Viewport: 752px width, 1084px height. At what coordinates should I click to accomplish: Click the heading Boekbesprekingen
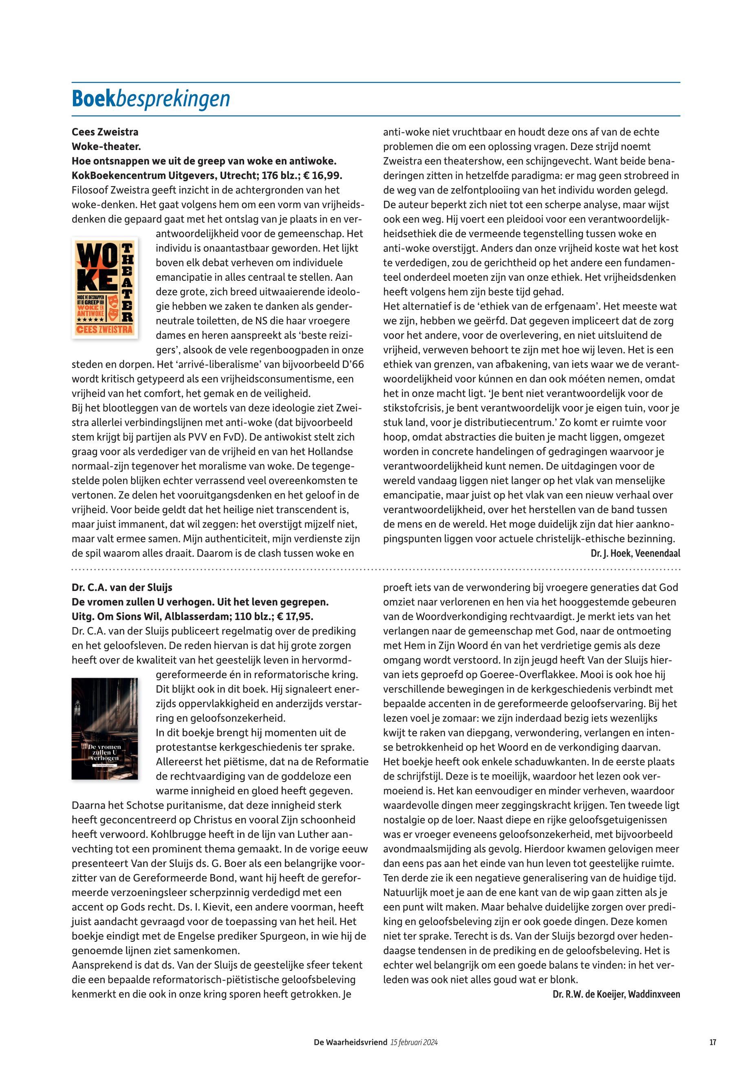coord(151,99)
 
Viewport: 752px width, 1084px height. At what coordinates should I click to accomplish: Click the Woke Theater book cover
coord(105,287)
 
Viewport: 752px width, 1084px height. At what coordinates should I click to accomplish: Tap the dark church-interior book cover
coord(105,728)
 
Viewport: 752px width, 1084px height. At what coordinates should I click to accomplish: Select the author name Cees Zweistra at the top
coord(105,132)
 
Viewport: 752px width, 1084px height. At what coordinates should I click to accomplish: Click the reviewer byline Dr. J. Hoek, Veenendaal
coord(635,553)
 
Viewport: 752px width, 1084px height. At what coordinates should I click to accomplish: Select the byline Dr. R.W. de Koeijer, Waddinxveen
coord(616,994)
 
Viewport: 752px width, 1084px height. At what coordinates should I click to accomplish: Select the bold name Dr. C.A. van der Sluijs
coord(122,588)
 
